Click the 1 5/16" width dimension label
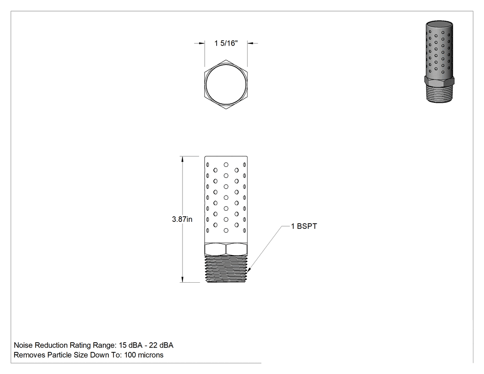click(x=226, y=43)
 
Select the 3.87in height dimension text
click(x=182, y=219)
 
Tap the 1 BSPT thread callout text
click(x=304, y=226)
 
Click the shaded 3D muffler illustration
click(x=439, y=62)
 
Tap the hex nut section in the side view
click(x=226, y=249)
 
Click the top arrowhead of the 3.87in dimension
click(x=183, y=159)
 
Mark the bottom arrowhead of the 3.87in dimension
click(x=183, y=279)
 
